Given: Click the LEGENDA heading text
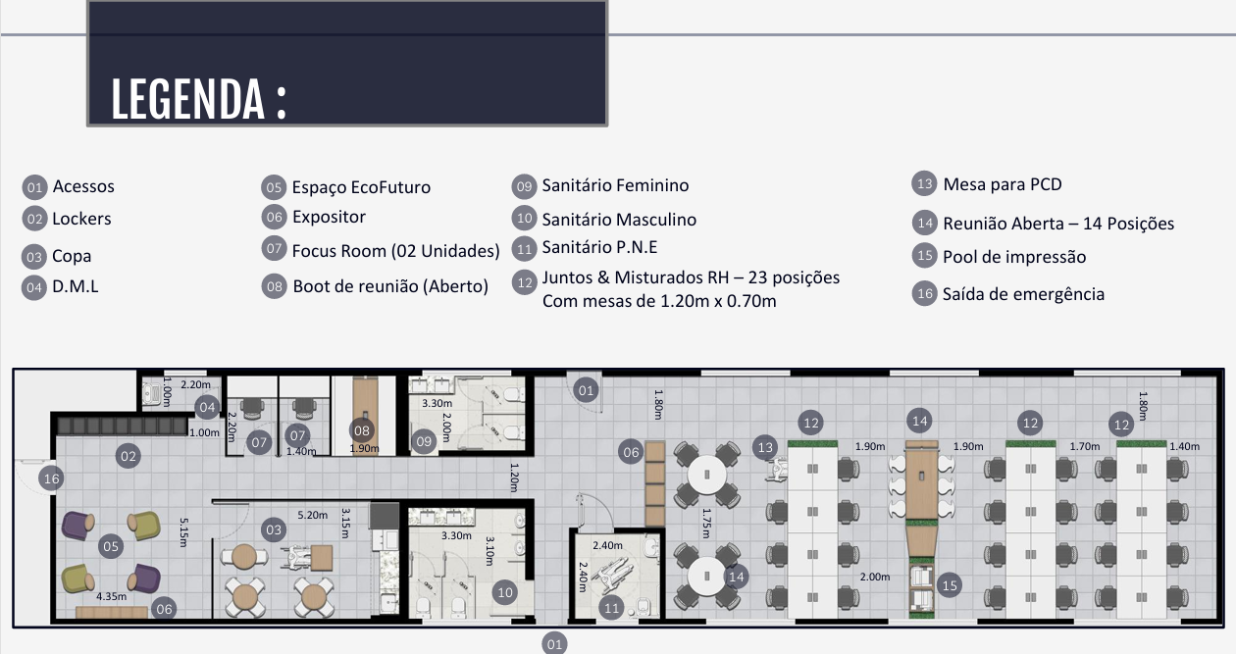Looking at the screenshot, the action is (x=198, y=99).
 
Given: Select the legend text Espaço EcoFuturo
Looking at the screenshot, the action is (x=361, y=187).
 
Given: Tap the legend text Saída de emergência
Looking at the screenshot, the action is (x=1023, y=294).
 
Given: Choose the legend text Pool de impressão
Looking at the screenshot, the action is (x=1014, y=257).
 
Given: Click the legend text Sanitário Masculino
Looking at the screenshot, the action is (x=619, y=220).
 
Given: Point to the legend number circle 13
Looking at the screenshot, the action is (x=924, y=183).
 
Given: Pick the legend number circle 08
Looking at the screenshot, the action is (x=275, y=286).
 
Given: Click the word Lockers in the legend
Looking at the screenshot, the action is (x=81, y=219).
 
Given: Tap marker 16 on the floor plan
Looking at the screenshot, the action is (x=51, y=478).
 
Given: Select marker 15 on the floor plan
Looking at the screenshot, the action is (x=950, y=585).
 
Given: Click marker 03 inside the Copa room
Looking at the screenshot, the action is (x=274, y=529).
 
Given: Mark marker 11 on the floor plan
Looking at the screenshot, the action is (x=611, y=608).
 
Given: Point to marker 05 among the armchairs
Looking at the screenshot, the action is (x=111, y=546).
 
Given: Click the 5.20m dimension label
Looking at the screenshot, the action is (x=312, y=515).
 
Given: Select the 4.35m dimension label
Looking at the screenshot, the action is (x=112, y=597).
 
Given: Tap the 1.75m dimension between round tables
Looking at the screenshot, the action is (x=705, y=523).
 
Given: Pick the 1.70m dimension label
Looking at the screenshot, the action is (x=1084, y=447).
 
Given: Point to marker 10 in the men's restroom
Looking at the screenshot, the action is (x=505, y=593).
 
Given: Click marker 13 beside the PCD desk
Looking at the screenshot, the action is (x=765, y=447).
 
